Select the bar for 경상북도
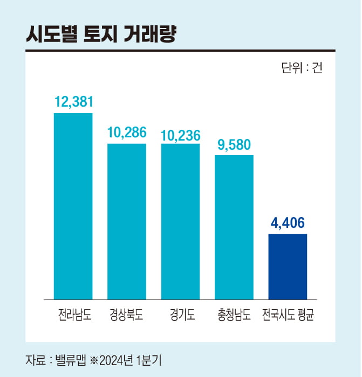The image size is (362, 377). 127,221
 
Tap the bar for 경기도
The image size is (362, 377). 180,221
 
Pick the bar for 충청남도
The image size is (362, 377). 234,227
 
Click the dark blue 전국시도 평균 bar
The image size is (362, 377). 288,266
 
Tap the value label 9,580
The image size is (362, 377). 234,144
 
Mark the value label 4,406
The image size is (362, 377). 288,222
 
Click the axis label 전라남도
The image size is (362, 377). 73,315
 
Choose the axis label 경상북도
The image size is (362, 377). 127,315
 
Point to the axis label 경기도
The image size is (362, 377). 180,315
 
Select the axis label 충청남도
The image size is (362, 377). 234,315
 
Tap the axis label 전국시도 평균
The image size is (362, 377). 288,315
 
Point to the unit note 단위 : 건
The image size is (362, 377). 301,68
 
